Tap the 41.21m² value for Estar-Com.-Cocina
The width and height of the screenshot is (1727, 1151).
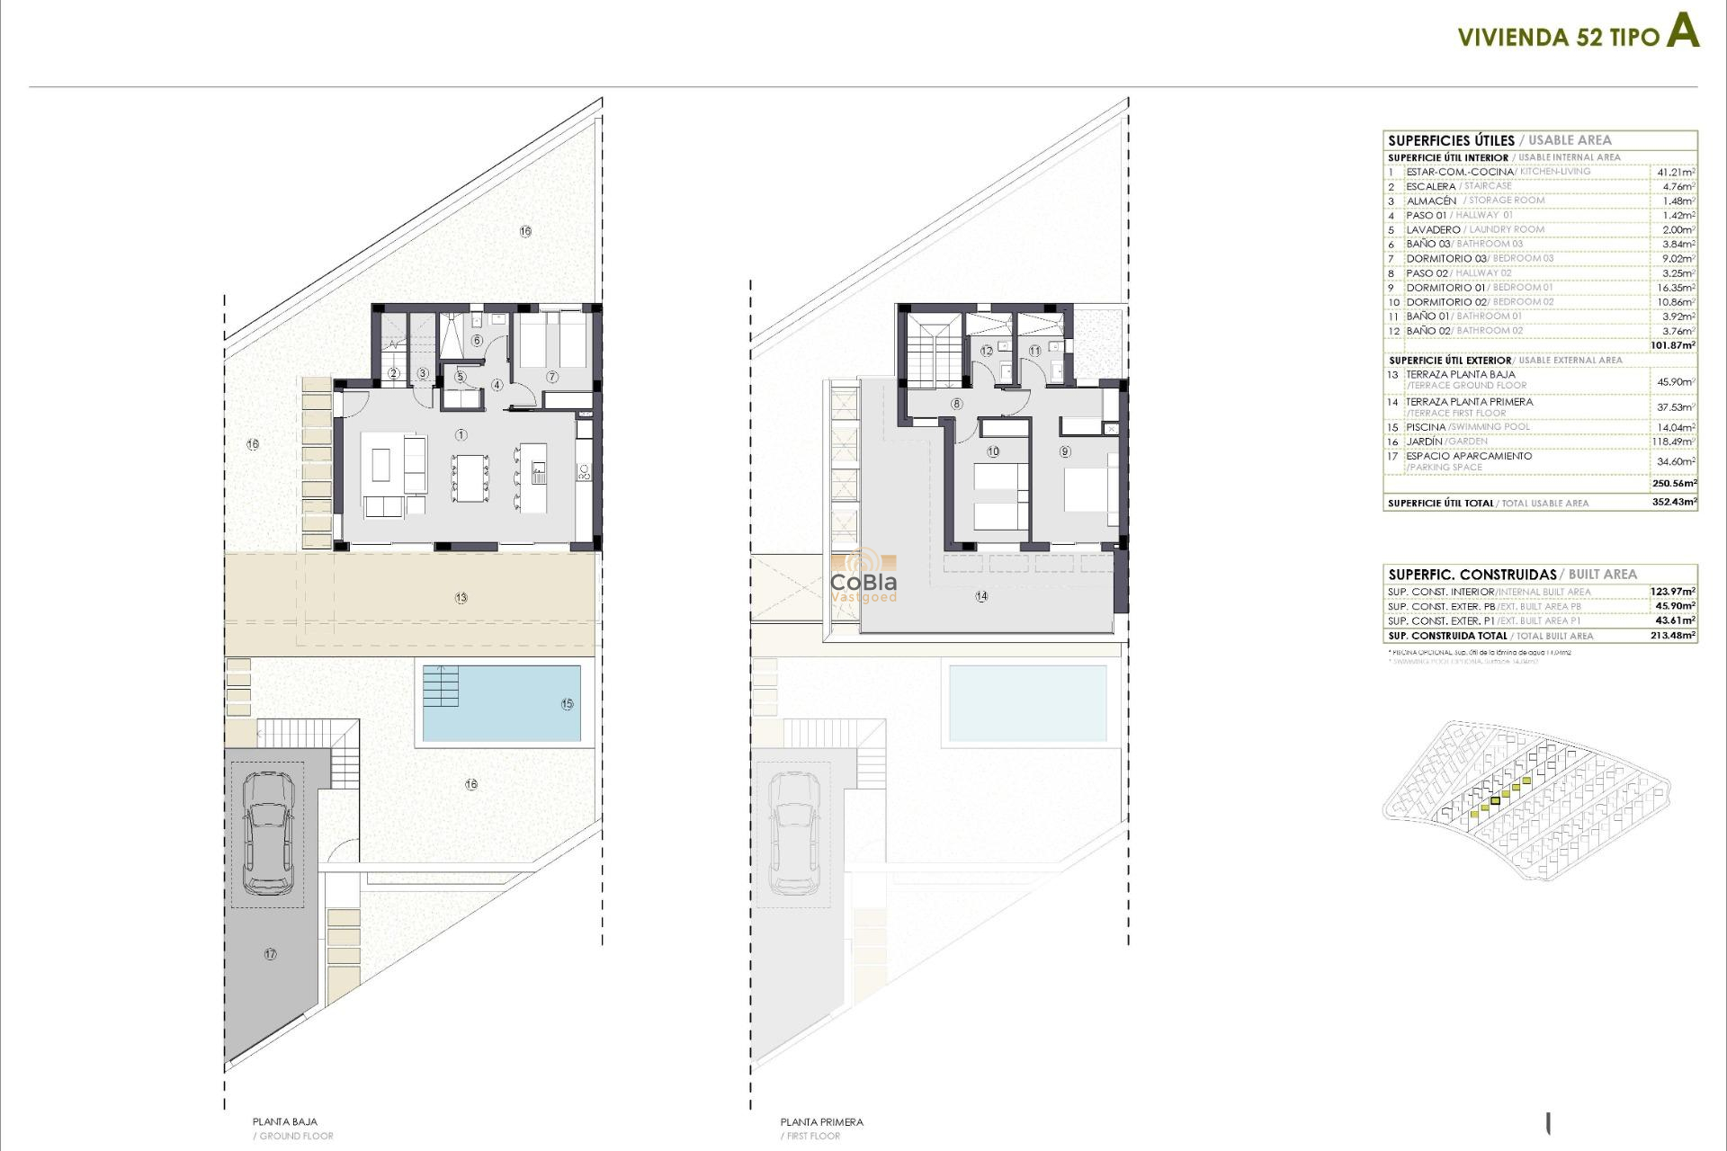(1676, 172)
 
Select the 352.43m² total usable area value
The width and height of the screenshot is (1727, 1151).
(1673, 502)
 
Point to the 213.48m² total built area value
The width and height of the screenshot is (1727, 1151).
(1672, 635)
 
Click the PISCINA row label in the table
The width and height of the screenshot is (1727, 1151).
(1426, 427)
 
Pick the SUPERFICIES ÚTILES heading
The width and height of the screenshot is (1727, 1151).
(1451, 140)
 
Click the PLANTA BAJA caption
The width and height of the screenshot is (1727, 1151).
(284, 1121)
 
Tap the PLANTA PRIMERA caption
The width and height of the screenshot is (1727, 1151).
(821, 1121)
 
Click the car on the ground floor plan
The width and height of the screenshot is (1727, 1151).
(268, 834)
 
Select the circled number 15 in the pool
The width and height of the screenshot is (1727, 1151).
(567, 704)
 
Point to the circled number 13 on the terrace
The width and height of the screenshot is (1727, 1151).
(461, 598)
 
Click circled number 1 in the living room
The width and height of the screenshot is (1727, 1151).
(461, 435)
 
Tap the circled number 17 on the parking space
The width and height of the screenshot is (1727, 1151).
(270, 954)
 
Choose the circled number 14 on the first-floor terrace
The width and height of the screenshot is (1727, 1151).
(981, 596)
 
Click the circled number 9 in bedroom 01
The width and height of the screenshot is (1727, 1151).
(1065, 451)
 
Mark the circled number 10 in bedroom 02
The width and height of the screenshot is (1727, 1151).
(993, 451)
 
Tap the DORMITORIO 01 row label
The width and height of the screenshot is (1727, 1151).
(1445, 288)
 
